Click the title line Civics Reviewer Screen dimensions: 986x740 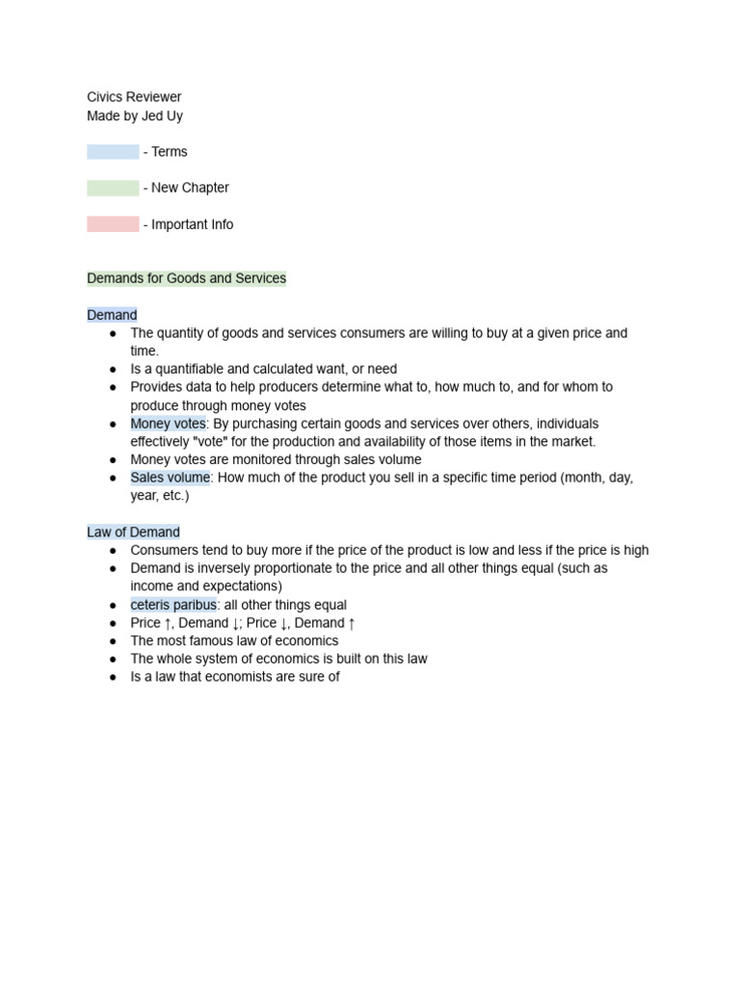[134, 97]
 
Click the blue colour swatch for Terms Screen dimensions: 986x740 [113, 152]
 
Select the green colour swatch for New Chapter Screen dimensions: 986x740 [113, 188]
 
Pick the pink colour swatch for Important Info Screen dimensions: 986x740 [113, 224]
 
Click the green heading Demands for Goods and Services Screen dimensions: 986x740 [186, 278]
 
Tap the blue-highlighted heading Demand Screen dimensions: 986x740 [112, 315]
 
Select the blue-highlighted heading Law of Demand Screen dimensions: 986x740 [133, 532]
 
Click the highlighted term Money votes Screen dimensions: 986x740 [168, 424]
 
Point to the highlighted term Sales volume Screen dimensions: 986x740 [170, 478]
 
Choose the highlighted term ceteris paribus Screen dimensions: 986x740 [173, 605]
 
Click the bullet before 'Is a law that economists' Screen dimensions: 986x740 [113, 677]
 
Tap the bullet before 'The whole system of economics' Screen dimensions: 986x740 [113, 660]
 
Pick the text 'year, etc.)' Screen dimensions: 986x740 [160, 496]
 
